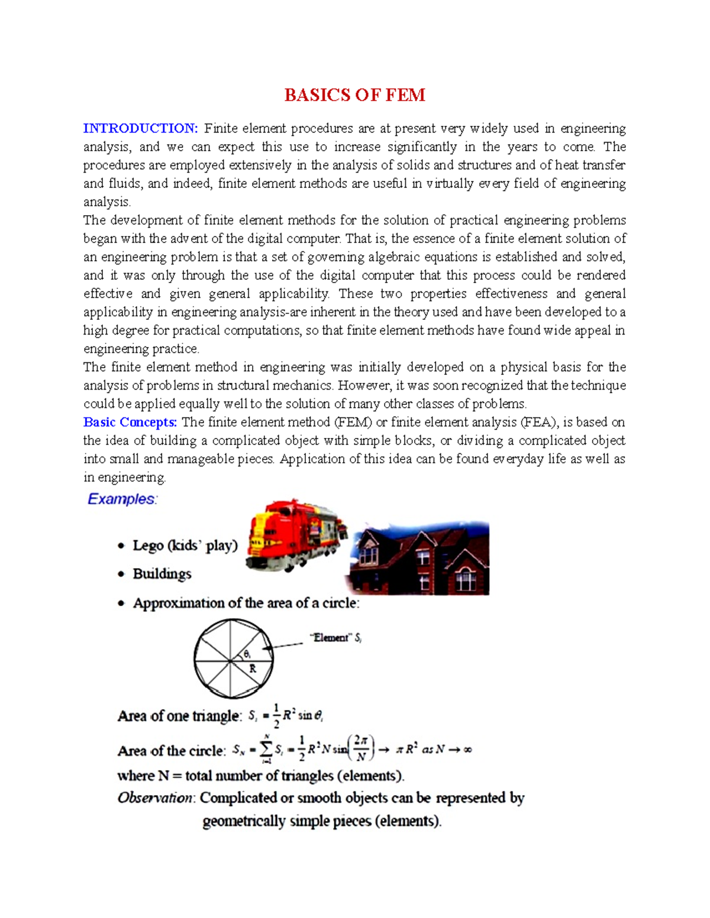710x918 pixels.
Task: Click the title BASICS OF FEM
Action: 354,95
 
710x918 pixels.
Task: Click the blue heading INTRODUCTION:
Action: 140,128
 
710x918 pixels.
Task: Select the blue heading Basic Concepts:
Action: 130,422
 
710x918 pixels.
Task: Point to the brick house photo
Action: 419,559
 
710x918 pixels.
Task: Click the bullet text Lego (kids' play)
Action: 185,545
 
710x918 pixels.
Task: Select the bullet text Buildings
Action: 162,574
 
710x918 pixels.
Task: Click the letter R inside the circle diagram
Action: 253,669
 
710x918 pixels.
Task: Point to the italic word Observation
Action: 155,798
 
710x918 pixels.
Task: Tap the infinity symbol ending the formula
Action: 467,750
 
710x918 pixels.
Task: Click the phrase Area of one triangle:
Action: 179,716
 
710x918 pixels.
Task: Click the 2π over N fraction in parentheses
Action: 361,748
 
